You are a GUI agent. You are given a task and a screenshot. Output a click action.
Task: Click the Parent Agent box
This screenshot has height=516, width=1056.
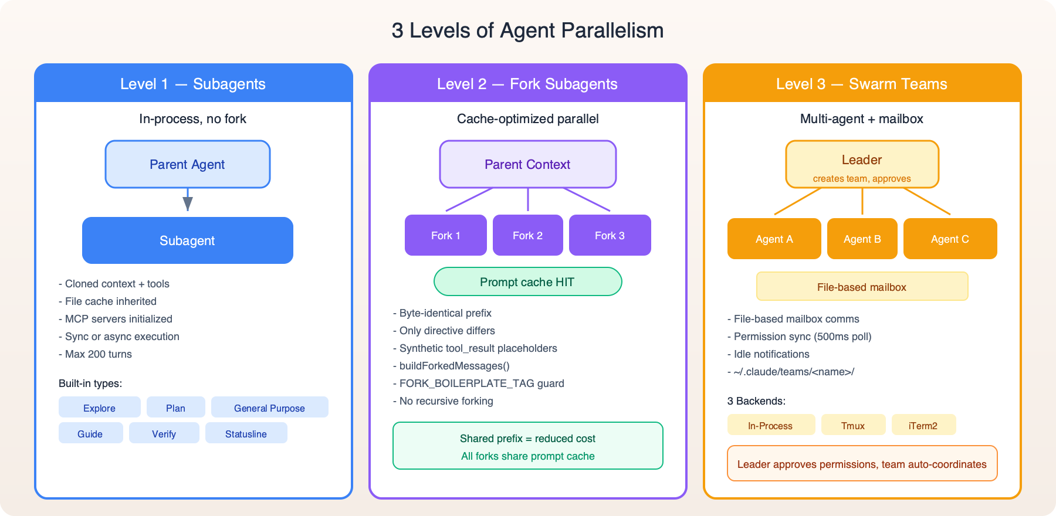click(x=187, y=164)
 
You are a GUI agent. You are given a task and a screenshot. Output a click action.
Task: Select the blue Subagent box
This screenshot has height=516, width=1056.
click(x=187, y=240)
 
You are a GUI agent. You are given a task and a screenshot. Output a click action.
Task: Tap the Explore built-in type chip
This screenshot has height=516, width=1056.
click(x=99, y=408)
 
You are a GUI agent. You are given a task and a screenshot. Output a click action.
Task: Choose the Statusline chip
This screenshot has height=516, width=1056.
click(x=246, y=433)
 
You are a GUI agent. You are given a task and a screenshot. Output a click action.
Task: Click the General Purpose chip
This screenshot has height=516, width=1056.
click(x=269, y=408)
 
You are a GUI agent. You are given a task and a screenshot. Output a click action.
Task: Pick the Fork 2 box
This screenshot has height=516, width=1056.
click(x=527, y=235)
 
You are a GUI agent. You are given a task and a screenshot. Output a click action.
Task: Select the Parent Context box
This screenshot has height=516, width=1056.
click(x=527, y=164)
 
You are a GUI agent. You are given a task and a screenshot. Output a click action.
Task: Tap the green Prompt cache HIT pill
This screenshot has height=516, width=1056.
click(x=527, y=282)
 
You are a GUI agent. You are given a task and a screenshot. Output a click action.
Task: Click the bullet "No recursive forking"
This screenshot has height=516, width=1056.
click(x=446, y=401)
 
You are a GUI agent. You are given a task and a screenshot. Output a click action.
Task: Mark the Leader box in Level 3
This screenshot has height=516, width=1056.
click(x=862, y=165)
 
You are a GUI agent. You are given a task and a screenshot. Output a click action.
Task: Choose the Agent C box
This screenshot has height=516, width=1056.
click(x=950, y=239)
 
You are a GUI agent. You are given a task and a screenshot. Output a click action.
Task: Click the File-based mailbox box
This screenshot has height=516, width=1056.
click(x=862, y=287)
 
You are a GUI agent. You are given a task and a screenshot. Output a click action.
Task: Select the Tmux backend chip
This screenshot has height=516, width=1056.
click(x=853, y=425)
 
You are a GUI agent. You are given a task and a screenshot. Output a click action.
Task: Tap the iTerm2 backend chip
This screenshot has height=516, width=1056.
click(x=923, y=425)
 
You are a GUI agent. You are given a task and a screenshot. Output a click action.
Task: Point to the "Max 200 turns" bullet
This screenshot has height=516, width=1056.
click(x=98, y=354)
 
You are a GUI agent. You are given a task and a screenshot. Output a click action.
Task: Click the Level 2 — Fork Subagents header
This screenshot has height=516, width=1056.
click(x=527, y=84)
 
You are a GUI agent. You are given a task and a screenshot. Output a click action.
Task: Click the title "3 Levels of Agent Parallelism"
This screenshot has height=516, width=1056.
click(x=527, y=30)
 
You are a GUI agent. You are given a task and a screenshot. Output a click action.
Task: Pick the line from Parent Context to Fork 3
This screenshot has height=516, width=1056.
click(x=587, y=199)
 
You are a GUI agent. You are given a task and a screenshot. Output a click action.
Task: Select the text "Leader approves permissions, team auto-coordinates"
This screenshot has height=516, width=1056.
click(x=862, y=464)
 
